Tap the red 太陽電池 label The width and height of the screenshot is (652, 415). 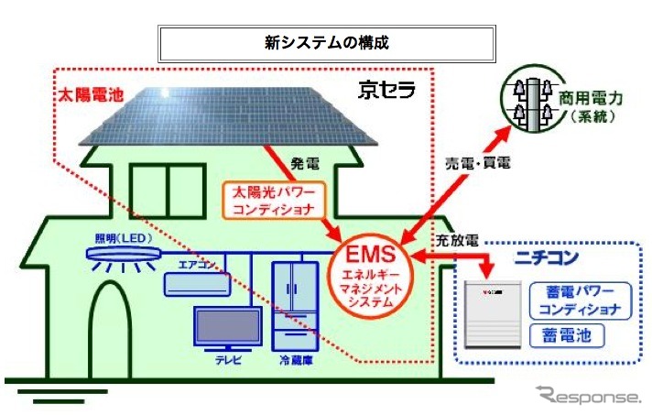(85, 94)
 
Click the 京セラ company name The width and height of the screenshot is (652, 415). (386, 90)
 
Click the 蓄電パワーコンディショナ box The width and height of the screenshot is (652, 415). (579, 300)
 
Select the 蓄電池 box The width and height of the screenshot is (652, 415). (570, 335)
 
